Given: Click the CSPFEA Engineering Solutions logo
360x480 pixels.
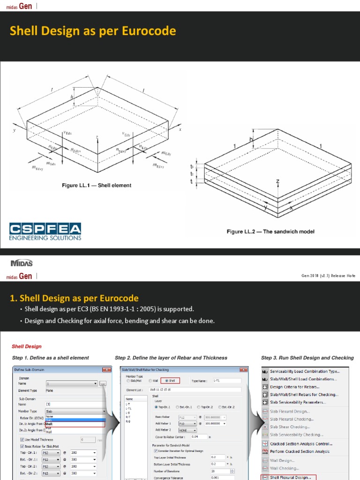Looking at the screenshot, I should pyautogui.click(x=45, y=232).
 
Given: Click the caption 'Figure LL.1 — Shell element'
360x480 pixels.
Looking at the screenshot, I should pyautogui.click(x=97, y=186).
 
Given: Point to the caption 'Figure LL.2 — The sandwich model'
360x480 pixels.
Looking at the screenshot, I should pyautogui.click(x=270, y=232).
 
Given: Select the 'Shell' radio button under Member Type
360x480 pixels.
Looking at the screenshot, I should pyautogui.click(x=167, y=381).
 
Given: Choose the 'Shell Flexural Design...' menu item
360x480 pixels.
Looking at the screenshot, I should pyautogui.click(x=290, y=477).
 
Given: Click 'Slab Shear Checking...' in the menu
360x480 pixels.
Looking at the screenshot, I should pyautogui.click(x=290, y=427).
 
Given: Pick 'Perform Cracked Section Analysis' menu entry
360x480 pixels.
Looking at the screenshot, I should pyautogui.click(x=300, y=451).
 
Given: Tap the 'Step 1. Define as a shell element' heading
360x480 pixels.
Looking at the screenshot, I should pyautogui.click(x=50, y=358).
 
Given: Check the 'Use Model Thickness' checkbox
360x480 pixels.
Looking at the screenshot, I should pyautogui.click(x=22, y=440).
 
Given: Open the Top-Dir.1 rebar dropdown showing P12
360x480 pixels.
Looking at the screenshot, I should pyautogui.click(x=51, y=453).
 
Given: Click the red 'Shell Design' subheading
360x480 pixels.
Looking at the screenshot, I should pyautogui.click(x=27, y=346).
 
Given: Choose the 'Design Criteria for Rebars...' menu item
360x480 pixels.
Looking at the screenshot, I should pyautogui.click(x=294, y=387).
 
